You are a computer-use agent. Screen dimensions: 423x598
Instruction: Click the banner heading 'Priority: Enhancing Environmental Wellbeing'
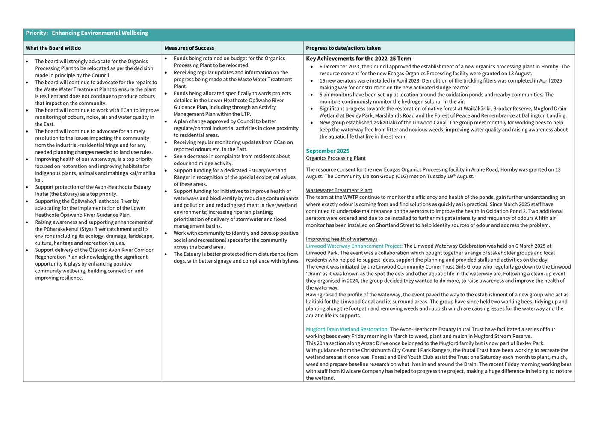pyautogui.click(x=87, y=33)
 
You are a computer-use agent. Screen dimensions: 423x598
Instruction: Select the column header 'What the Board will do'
pyautogui.click(x=53, y=48)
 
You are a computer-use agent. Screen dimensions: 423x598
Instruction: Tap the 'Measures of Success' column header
pyautogui.click(x=189, y=48)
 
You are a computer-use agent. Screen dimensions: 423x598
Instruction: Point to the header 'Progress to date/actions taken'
pyautogui.click(x=343, y=48)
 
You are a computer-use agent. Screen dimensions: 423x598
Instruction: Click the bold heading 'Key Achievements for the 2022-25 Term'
pyautogui.click(x=358, y=59)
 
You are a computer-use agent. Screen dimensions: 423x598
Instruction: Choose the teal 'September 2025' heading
pyautogui.click(x=328, y=151)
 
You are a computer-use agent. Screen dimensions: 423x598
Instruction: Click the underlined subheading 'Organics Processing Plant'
pyautogui.click(x=336, y=158)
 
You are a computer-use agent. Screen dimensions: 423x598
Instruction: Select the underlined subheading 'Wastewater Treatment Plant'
pyautogui.click(x=339, y=190)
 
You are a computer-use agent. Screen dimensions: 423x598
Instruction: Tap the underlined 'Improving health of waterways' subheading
pyautogui.click(x=341, y=239)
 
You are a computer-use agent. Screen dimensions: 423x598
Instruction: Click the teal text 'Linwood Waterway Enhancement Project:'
pyautogui.click(x=354, y=246)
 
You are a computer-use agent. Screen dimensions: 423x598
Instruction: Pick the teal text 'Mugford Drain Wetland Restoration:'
pyautogui.click(x=347, y=329)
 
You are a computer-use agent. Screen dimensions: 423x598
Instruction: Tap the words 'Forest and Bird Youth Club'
pyautogui.click(x=389, y=357)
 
